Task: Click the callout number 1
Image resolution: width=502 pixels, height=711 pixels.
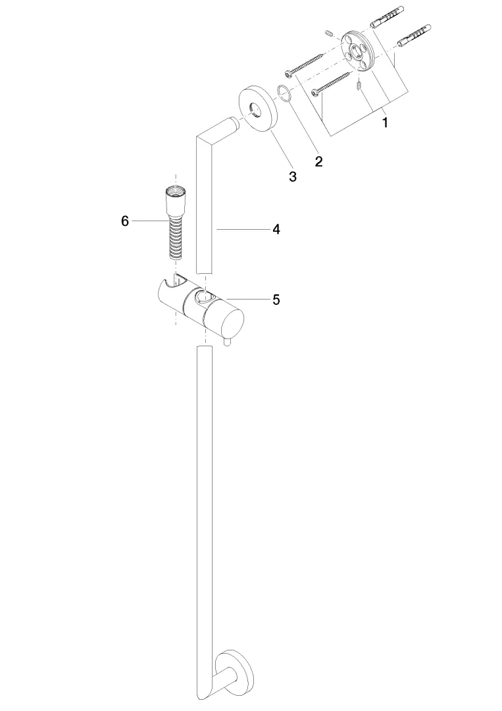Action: (x=385, y=122)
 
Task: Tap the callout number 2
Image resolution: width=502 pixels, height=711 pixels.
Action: (x=319, y=161)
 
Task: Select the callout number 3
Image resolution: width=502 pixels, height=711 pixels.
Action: (x=293, y=176)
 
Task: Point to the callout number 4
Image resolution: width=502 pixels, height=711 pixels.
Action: (x=276, y=230)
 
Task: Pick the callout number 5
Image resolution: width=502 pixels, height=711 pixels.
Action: (x=276, y=300)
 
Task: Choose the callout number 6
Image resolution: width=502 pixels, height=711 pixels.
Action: (x=125, y=221)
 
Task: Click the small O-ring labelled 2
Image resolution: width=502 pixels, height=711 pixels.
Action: (x=284, y=93)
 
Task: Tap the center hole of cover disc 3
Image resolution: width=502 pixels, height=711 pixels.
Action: (x=257, y=109)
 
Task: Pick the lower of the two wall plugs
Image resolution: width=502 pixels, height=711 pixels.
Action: (x=414, y=35)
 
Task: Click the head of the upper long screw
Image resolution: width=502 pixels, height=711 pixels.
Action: (x=288, y=73)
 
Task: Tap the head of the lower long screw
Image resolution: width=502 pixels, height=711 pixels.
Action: (x=315, y=93)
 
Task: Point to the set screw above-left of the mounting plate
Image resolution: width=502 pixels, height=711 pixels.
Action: (x=330, y=33)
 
